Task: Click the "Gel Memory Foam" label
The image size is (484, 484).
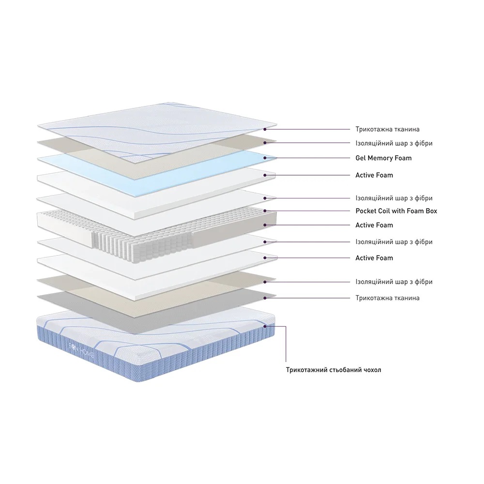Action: (383, 158)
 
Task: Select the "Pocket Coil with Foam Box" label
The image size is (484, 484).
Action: (396, 211)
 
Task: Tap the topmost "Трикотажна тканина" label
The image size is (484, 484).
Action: (387, 129)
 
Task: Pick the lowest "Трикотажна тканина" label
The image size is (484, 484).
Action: (387, 298)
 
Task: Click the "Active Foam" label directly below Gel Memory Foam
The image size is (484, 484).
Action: (374, 175)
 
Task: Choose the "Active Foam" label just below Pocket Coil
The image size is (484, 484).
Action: (374, 225)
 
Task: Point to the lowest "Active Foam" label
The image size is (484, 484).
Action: (374, 258)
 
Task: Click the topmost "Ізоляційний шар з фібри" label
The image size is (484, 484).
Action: (394, 143)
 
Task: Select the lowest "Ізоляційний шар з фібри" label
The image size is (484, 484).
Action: (394, 282)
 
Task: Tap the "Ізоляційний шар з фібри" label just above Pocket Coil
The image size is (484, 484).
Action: (394, 198)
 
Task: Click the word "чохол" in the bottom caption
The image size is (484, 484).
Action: (371, 370)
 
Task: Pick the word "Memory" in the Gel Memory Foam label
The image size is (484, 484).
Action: (380, 158)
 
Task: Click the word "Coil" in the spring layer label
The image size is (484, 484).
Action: (385, 211)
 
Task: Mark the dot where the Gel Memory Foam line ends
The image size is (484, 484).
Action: (265, 158)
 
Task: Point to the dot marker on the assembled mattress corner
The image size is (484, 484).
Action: (265, 326)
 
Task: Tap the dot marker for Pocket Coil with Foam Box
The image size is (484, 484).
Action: (265, 211)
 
